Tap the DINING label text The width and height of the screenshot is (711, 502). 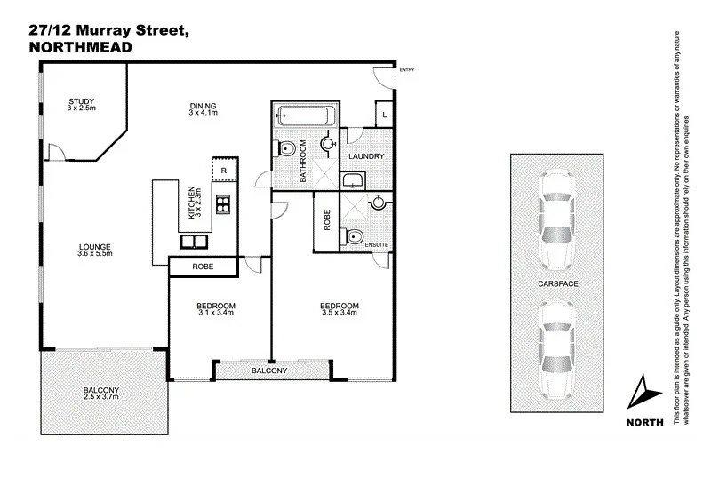[203, 108]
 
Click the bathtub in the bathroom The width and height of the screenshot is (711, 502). [305, 114]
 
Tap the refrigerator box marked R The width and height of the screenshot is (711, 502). [224, 170]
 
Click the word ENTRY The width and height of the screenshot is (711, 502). [407, 70]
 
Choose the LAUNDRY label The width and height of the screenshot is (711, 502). [366, 157]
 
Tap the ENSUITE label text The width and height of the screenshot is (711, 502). [378, 243]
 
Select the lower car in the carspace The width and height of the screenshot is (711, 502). [556, 348]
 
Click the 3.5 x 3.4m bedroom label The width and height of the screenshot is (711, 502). [339, 310]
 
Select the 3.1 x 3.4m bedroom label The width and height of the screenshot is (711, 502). [215, 310]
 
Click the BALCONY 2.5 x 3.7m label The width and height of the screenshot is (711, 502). [101, 394]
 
